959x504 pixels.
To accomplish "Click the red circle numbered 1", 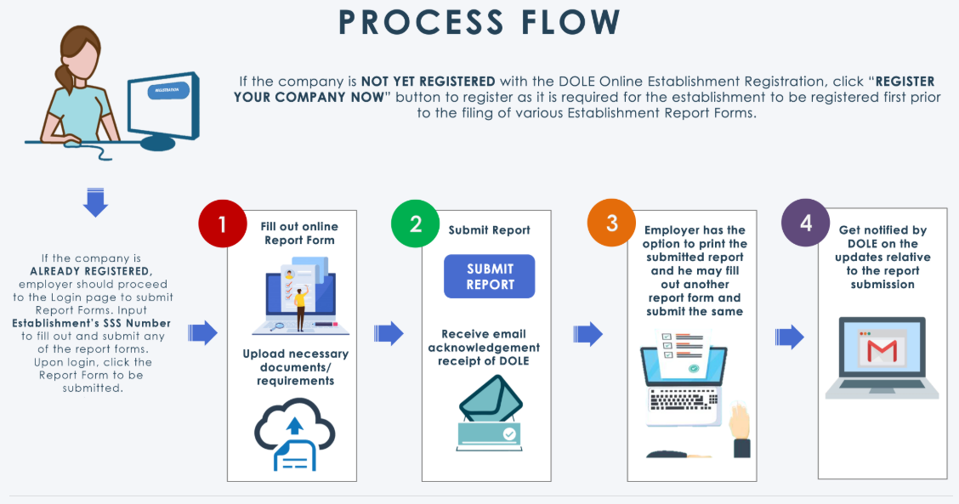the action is (223, 224).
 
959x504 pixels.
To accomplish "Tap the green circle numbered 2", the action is (415, 224).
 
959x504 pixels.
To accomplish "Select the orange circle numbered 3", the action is (611, 224).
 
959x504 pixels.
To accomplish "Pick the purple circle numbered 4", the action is (805, 223).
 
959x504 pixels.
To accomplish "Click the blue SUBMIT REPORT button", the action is (490, 276).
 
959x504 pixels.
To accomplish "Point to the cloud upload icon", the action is (294, 434).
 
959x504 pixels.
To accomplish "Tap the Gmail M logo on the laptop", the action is (882, 350).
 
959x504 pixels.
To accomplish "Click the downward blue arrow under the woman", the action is (95, 202).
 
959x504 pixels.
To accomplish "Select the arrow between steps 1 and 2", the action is (389, 333).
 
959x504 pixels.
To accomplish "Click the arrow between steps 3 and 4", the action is (790, 337).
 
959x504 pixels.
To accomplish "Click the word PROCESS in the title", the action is (422, 23).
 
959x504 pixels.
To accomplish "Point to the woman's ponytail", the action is (64, 77).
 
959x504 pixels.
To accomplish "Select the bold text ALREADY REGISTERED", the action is (91, 271).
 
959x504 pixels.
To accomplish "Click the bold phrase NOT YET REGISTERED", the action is (428, 82).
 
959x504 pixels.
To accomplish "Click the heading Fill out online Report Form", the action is (299, 233).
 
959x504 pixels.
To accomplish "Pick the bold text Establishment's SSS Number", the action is (91, 323).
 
